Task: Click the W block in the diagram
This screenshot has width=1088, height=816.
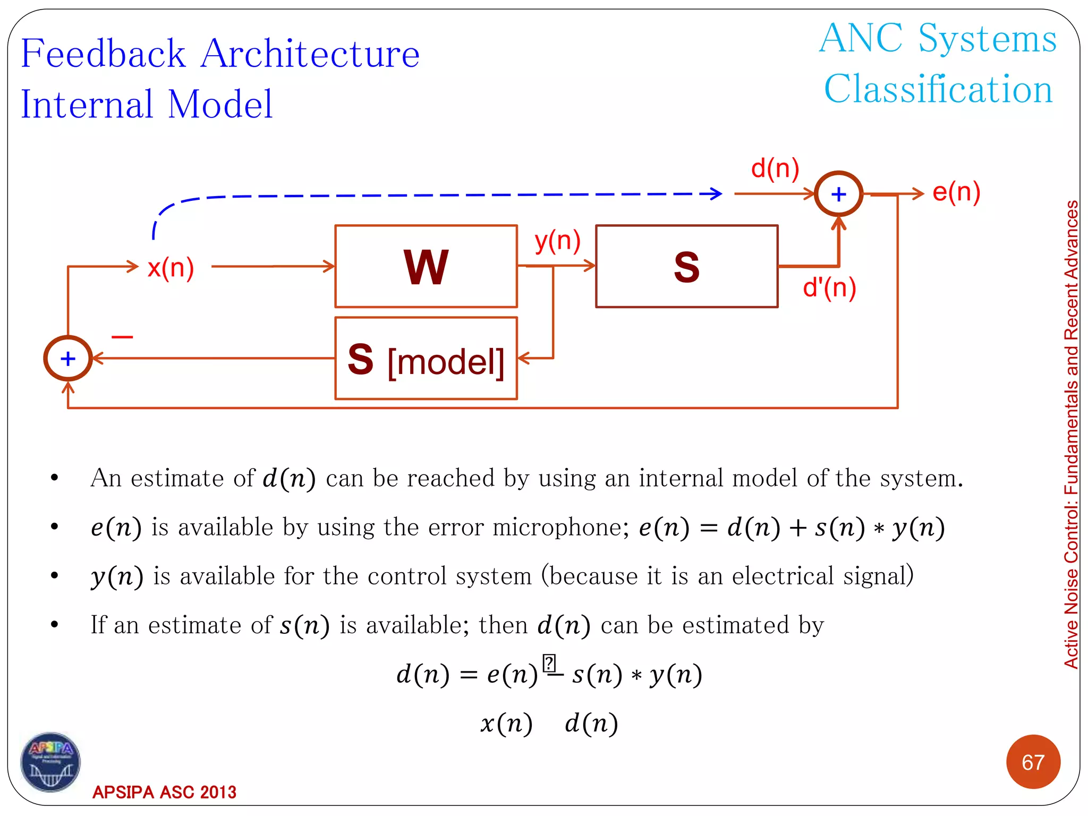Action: coord(426,266)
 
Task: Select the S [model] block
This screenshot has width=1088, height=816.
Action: coord(426,359)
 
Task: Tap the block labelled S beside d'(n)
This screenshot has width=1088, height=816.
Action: coord(686,266)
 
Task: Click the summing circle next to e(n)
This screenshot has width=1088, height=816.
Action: coord(838,194)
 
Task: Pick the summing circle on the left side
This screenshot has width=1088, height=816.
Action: coord(68,359)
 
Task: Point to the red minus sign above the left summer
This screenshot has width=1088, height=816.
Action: coord(122,337)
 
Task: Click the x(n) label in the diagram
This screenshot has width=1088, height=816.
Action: coord(171,267)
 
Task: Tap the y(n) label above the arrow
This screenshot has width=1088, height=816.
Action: coord(557,241)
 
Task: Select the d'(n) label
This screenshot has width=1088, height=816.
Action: coord(829,288)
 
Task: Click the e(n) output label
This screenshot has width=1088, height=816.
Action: coord(956,192)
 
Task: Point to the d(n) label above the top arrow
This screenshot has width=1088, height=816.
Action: coord(775,168)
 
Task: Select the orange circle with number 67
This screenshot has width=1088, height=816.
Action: coord(1033,762)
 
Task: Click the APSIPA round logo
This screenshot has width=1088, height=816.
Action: coord(50,762)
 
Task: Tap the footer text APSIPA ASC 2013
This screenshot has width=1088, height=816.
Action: coord(164,792)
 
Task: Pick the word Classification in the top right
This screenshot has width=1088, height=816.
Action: coord(938,89)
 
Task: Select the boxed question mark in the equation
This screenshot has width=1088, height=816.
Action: coord(549,664)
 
